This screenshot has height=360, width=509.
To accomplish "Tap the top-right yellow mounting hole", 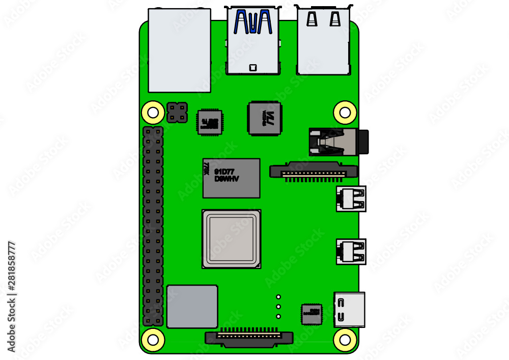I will (345, 111).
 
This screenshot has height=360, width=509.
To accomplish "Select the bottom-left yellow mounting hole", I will (152, 339).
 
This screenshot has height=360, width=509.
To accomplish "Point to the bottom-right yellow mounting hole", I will (345, 339).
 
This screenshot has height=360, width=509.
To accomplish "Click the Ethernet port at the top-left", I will (179, 50).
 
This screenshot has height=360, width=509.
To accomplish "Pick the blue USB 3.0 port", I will (253, 41).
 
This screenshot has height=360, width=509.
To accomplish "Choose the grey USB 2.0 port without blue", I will (323, 41).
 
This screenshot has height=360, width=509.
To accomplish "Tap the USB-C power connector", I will (350, 309).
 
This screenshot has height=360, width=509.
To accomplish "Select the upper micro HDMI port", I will (351, 198).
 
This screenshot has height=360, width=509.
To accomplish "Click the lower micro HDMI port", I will (351, 251).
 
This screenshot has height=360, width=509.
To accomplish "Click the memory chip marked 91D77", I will (232, 178).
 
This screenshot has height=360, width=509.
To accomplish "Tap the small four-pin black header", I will (177, 113).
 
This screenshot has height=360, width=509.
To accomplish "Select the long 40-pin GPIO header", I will (153, 226).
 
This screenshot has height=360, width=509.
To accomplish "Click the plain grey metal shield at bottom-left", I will (192, 306).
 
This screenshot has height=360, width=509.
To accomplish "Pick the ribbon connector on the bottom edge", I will (249, 338).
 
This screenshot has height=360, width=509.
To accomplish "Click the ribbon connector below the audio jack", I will (313, 170).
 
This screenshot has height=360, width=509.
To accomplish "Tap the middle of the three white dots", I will (278, 307).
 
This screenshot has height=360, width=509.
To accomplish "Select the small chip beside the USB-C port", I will (312, 314).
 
